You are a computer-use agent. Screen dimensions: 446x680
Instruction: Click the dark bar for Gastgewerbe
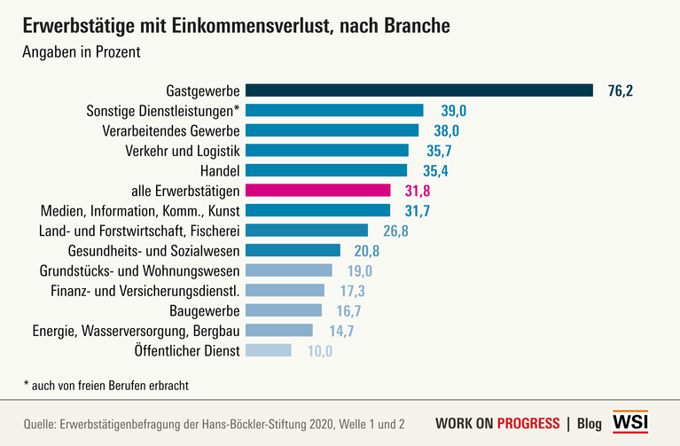pyautogui.click(x=418, y=90)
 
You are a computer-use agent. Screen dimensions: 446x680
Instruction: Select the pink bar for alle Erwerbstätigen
pyautogui.click(x=317, y=190)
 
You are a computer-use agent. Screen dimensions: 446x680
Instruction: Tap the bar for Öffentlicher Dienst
pyautogui.click(x=268, y=350)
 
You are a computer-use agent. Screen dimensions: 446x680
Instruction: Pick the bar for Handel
pyautogui.click(x=325, y=170)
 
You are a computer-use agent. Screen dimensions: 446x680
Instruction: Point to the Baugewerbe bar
pyautogui.click(x=283, y=310)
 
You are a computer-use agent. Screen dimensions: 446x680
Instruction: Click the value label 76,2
pyautogui.click(x=621, y=90)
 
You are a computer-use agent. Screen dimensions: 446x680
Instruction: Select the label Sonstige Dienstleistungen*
pyautogui.click(x=163, y=110)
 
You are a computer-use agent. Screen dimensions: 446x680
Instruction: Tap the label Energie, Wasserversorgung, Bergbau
pyautogui.click(x=137, y=331)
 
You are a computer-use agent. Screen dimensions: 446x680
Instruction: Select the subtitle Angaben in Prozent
pyautogui.click(x=82, y=51)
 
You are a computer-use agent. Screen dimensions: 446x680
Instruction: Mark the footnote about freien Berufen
pyautogui.click(x=106, y=385)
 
